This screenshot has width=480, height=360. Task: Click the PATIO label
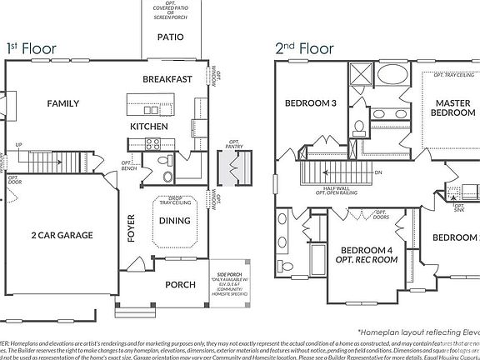click(170, 37)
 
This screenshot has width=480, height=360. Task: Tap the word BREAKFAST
click(167, 79)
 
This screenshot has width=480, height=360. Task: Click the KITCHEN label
click(149, 126)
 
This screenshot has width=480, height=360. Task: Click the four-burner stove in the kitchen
click(154, 143)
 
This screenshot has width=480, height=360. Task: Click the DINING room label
click(174, 221)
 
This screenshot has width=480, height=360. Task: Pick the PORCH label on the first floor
click(180, 284)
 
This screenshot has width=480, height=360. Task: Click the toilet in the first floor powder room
click(166, 177)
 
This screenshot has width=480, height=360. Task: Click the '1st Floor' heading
click(31, 48)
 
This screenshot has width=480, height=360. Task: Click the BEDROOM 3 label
click(311, 103)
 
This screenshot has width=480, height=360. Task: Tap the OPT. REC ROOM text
click(367, 259)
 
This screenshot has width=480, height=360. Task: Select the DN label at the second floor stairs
click(377, 172)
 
